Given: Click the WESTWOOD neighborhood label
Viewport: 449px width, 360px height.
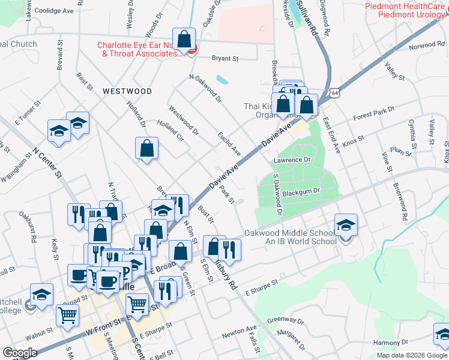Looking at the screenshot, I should [127, 91].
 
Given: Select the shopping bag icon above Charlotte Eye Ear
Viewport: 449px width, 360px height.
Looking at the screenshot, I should [184, 39].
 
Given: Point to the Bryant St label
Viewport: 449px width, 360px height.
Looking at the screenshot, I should [226, 59].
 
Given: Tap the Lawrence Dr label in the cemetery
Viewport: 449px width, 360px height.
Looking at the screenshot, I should [292, 160].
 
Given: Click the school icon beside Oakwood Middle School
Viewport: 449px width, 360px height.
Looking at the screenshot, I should [346, 226].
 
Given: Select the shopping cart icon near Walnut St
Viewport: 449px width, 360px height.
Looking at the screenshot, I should [68, 314].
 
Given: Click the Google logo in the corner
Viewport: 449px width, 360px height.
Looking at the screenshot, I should [19, 353].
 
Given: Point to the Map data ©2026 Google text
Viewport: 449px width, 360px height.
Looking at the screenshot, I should [412, 355].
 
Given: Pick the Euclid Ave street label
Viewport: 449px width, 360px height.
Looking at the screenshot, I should [229, 143].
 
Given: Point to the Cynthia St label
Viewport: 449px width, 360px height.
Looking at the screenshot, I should [412, 133].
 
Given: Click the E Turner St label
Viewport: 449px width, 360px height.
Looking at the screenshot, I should [26, 112].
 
